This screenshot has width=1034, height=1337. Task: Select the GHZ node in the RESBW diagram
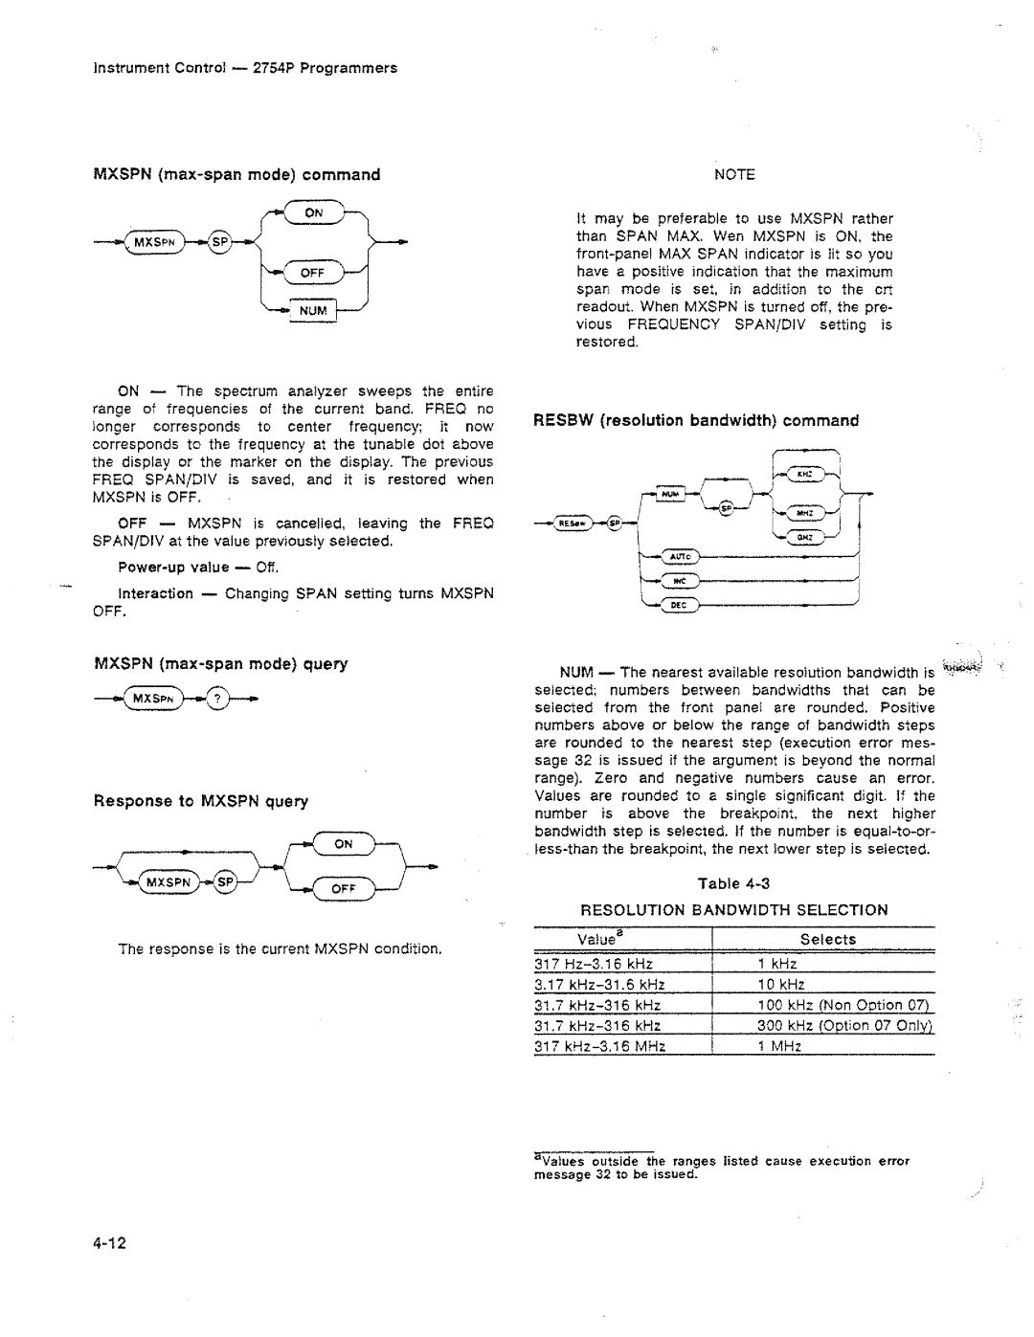click(x=804, y=537)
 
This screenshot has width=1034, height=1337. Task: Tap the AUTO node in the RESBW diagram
click(x=679, y=557)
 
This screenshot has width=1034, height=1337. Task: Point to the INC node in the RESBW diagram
click(x=679, y=581)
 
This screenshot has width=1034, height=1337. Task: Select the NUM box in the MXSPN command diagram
click(x=312, y=311)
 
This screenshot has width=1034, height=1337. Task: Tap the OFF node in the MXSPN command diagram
click(x=313, y=273)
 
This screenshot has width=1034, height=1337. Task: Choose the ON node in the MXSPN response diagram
click(x=343, y=844)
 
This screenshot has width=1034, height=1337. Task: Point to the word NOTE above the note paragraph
click(x=734, y=174)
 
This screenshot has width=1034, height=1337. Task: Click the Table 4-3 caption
click(x=734, y=883)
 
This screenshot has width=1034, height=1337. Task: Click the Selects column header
click(x=827, y=940)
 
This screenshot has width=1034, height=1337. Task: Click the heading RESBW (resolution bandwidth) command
click(x=696, y=420)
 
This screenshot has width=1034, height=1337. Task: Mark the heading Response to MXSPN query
click(x=200, y=801)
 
